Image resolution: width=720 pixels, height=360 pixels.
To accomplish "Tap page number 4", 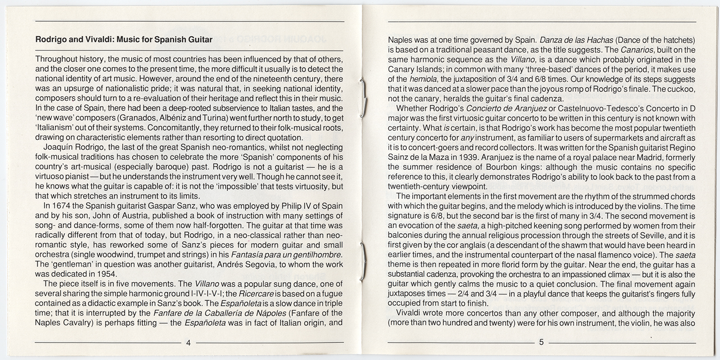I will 188,342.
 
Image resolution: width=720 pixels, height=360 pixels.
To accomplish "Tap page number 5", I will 541,342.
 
